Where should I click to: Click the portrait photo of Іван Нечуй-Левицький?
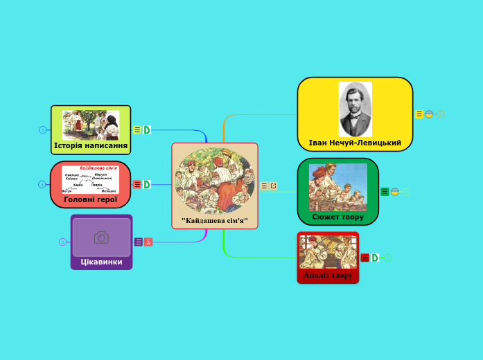coord(355,109)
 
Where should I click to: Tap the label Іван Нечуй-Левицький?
coord(355,143)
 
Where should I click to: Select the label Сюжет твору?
coord(337,217)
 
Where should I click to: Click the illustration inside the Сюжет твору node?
coord(337,187)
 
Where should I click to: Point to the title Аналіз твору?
coord(328,275)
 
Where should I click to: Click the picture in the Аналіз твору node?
coord(328,251)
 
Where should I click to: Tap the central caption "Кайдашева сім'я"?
coord(214,220)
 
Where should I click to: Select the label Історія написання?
coord(91,146)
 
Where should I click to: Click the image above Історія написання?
coord(91,125)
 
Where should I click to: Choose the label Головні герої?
coord(91,199)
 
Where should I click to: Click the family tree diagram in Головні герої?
coord(90,179)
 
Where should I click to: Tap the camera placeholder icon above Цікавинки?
coord(101,237)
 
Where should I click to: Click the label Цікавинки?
coord(101,262)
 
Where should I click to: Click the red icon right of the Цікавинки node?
coord(148,242)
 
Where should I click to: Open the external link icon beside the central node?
coord(273,186)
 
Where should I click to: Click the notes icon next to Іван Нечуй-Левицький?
coord(419,114)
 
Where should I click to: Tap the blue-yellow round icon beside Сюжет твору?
coord(395,192)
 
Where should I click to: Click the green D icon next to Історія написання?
coord(147,129)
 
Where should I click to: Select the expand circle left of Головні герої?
coord(42,184)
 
